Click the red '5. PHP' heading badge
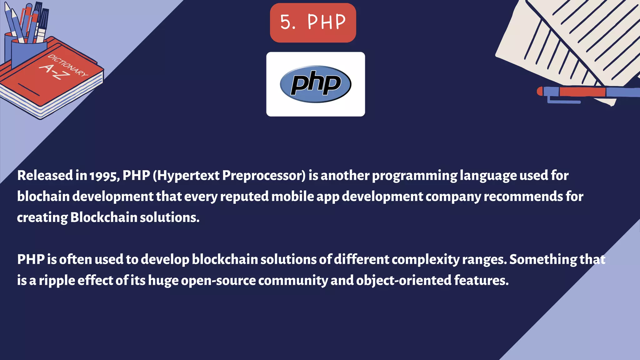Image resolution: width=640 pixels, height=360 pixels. (x=313, y=22)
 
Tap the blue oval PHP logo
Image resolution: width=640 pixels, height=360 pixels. (x=315, y=84)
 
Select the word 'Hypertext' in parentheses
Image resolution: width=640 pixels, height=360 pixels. (x=189, y=176)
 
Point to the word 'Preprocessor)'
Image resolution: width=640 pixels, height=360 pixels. (x=264, y=176)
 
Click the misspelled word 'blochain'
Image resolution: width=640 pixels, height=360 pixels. (x=43, y=197)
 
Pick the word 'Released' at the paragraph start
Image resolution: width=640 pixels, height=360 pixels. (x=45, y=176)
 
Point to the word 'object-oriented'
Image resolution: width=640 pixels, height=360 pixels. (x=403, y=280)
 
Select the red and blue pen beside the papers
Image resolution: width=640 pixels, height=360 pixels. (x=587, y=92)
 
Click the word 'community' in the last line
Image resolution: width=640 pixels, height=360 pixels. (x=293, y=281)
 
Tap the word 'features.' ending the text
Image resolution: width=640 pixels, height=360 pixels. (x=481, y=280)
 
